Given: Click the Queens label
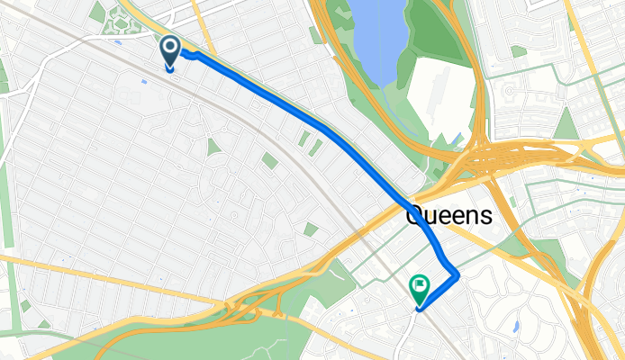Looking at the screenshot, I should (449, 216).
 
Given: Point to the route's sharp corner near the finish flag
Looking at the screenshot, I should (457, 271).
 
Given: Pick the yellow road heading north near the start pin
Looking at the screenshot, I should (204, 27).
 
